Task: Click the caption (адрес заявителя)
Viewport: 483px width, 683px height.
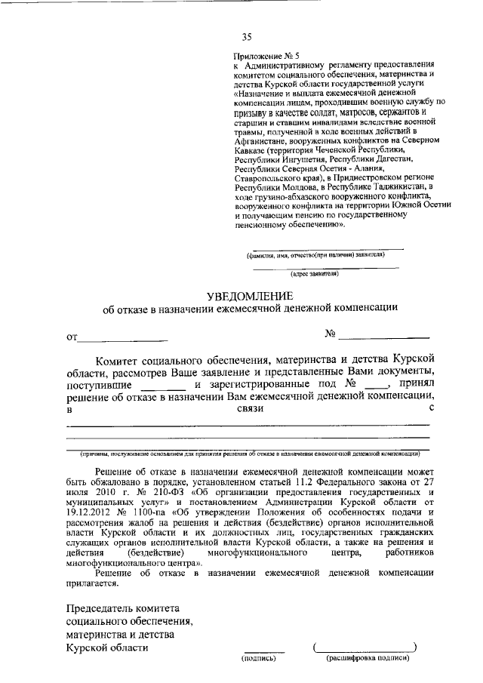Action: [325, 274]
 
